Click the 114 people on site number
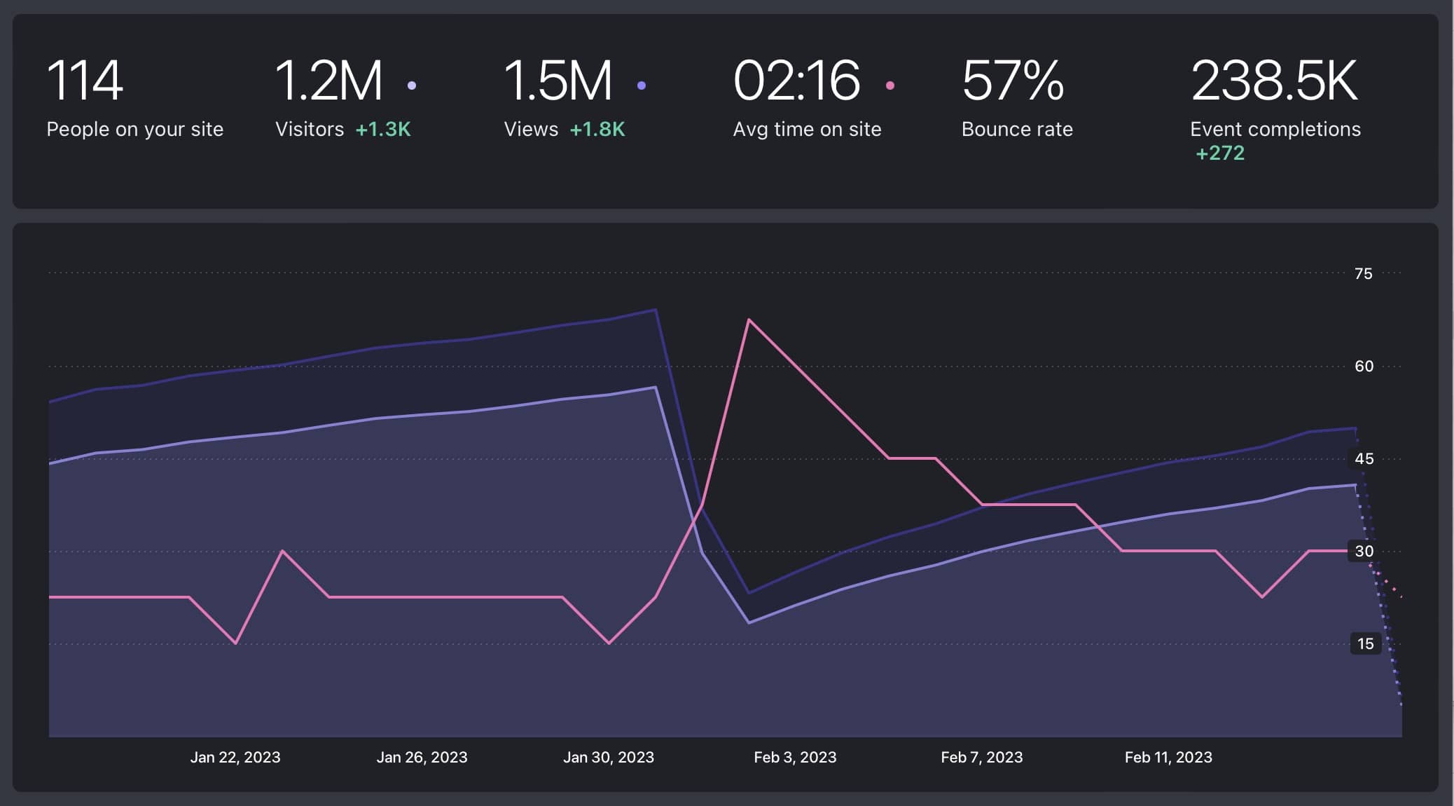point(85,81)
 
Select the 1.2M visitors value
point(328,81)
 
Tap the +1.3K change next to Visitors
point(383,130)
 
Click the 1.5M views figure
point(558,81)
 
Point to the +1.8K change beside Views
point(597,130)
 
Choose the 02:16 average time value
point(796,81)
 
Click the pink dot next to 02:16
point(890,86)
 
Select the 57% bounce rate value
point(1013,81)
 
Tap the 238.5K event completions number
point(1274,81)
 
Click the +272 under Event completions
point(1219,153)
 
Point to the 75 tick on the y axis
point(1363,274)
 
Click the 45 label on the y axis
point(1364,459)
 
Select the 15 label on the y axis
point(1365,644)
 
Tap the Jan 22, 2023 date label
point(235,758)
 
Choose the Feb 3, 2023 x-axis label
point(795,758)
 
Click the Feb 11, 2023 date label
point(1168,758)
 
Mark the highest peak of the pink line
point(749,320)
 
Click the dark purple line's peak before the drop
point(655,310)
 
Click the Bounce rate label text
point(1017,130)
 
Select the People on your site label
point(134,130)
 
